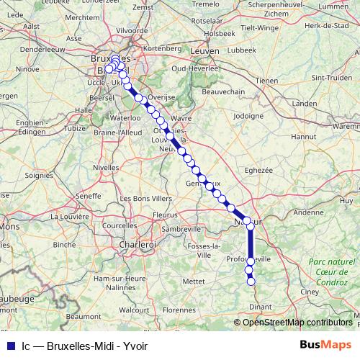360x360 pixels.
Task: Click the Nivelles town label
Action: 106,166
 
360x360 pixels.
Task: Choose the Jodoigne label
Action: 248,115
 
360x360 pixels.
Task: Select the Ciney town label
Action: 310,292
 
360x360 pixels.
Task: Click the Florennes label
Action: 178,310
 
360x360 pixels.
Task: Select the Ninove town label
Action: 28,70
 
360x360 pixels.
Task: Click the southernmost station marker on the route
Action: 251,282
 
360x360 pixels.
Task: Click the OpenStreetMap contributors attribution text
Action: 297,323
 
